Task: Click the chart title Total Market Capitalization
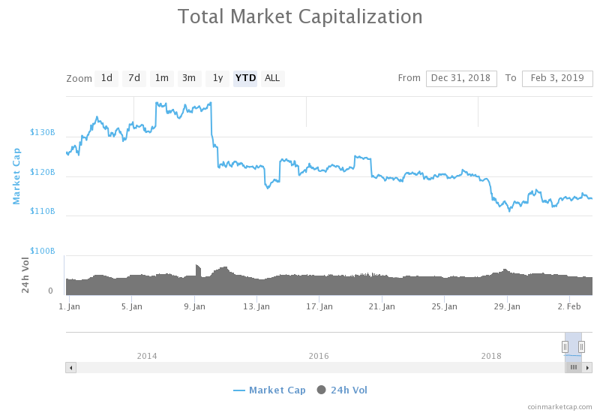pos(300,17)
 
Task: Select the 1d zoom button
pos(106,78)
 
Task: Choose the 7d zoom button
pos(134,78)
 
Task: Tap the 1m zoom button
pos(162,78)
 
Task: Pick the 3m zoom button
pos(189,78)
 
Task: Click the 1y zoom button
pos(217,78)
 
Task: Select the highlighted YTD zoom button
pos(245,78)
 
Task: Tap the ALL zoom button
pos(272,78)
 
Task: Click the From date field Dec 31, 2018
pos(461,78)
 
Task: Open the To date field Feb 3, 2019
pos(557,78)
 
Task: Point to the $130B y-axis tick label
pos(43,133)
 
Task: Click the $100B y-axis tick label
pos(43,251)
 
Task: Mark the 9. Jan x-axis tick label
pos(194,306)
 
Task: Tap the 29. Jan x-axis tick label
pos(508,306)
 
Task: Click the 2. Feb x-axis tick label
pos(570,306)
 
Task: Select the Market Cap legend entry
pos(270,390)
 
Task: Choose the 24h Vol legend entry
pos(343,390)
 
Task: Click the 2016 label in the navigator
pos(319,356)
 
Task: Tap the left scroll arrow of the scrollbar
pos(70,367)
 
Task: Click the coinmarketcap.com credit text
pos(559,406)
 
